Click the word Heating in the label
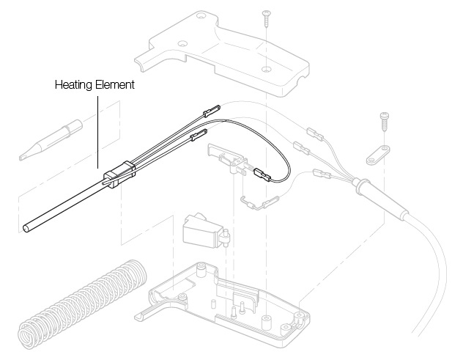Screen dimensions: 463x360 [73, 85]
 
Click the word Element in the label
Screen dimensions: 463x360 [115, 84]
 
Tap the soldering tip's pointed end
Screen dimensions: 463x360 [21, 158]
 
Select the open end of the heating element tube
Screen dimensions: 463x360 [26, 229]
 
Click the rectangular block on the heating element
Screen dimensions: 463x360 [119, 175]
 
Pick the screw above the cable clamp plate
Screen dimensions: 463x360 [384, 122]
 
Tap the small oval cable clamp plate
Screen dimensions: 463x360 [378, 155]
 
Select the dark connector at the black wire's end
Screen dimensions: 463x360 [262, 175]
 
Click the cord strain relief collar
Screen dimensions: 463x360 [362, 186]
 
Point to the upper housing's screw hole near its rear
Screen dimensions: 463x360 [267, 70]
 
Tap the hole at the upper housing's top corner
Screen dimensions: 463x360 [201, 15]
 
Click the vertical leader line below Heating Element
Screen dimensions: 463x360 [97, 132]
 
